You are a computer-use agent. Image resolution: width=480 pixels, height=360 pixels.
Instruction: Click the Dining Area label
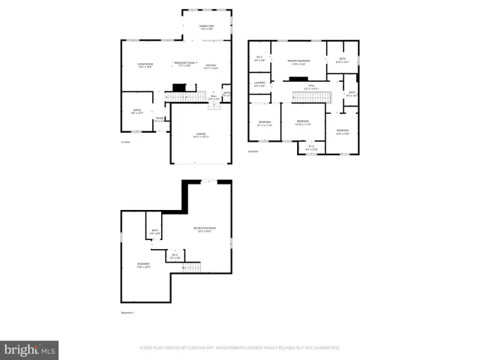tap(206, 27)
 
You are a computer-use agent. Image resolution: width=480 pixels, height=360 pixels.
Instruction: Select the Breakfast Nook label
tap(184, 64)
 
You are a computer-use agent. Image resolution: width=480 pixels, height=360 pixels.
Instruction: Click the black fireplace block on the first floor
tap(178, 88)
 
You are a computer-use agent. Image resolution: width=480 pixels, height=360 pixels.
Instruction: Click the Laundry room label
tap(259, 84)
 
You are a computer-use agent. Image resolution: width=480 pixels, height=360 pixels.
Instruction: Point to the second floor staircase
tap(306, 93)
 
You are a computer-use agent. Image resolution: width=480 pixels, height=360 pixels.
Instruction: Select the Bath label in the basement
tap(154, 232)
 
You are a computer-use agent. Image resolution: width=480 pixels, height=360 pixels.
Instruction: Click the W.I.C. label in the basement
tap(174, 256)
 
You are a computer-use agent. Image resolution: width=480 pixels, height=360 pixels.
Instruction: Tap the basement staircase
tap(193, 268)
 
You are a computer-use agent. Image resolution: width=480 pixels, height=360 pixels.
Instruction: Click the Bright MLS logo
tap(30, 349)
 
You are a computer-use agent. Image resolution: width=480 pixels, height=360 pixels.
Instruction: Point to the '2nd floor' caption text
tap(253, 151)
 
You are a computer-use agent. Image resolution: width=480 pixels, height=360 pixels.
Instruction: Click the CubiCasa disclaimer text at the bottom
tap(240, 348)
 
